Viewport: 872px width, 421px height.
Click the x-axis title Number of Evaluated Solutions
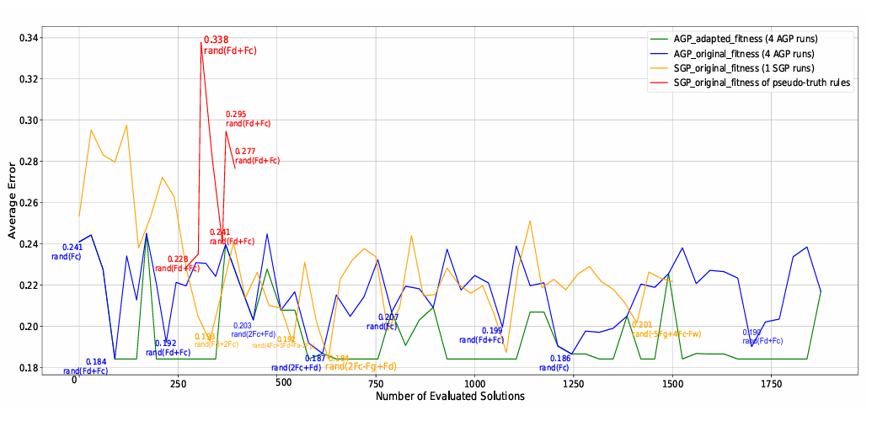(450, 396)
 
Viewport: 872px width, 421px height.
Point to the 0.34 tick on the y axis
(29, 38)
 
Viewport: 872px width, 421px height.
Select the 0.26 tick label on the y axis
(29, 203)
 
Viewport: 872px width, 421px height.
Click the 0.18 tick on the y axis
(29, 368)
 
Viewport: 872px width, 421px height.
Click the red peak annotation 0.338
(216, 40)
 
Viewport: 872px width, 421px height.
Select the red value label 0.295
(236, 114)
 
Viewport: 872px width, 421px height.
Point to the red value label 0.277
(245, 151)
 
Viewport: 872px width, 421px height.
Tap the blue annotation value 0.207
(388, 317)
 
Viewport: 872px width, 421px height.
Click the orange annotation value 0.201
(642, 325)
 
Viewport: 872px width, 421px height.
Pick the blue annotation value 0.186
(560, 359)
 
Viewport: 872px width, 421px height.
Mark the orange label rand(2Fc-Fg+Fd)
(361, 366)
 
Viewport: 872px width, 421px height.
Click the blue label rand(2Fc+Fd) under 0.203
(254, 334)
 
